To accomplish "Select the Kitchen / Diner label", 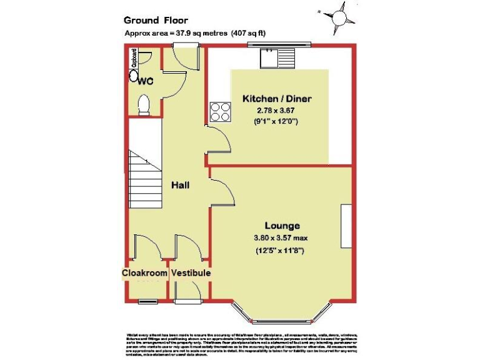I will pyautogui.click(x=277, y=99).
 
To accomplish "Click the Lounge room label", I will pyautogui.click(x=282, y=226).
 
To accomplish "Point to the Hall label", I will pyautogui.click(x=181, y=186).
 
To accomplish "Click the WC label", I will pyautogui.click(x=146, y=81).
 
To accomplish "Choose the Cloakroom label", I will pyautogui.click(x=144, y=273).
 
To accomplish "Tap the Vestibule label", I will pyautogui.click(x=191, y=273).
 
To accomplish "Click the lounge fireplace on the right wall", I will pyautogui.click(x=346, y=226).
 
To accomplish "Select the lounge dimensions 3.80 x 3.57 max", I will pyautogui.click(x=282, y=237).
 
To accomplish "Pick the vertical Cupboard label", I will pyautogui.click(x=134, y=59).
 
